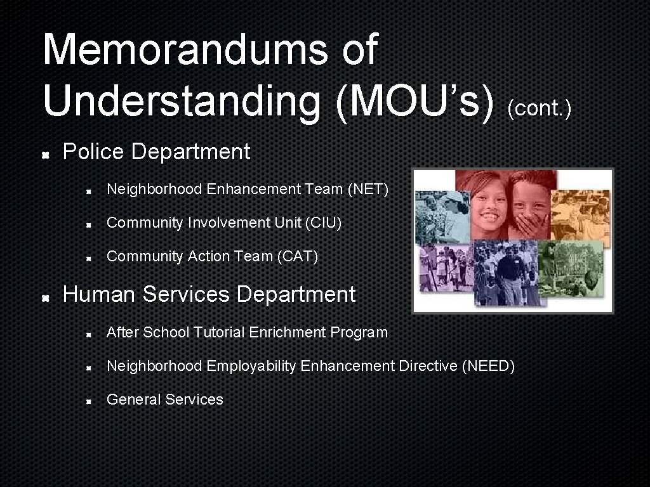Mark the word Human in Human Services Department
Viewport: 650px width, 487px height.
click(100, 295)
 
